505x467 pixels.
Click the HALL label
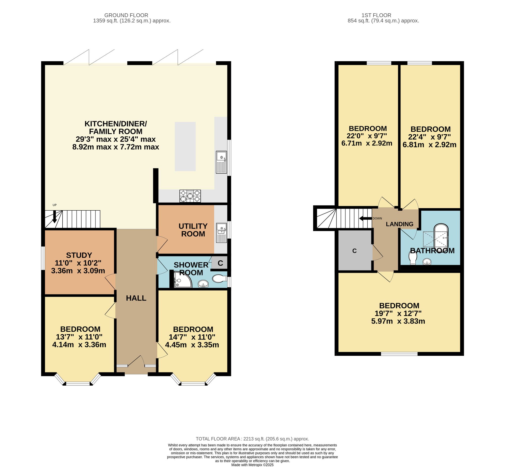136,298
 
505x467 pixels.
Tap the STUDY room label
79,255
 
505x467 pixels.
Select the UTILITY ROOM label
193,230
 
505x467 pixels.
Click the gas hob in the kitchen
190,196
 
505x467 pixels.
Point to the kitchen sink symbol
221,162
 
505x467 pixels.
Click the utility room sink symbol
221,233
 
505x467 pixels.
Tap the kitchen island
185,146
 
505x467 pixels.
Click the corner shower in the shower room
183,280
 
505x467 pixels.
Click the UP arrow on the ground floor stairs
54,217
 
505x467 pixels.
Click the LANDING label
400,224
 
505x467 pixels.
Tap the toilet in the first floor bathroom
413,258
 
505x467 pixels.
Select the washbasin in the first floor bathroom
427,262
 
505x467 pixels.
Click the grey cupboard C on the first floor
355,251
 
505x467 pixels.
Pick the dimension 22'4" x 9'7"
430,137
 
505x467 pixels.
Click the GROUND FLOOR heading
126,15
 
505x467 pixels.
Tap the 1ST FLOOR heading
376,15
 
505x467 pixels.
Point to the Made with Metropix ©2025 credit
252,465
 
